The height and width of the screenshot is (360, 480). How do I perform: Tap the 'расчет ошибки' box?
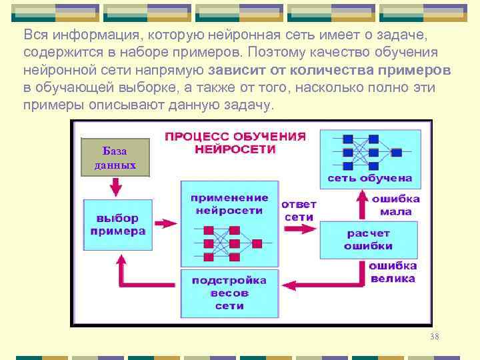pos(368,240)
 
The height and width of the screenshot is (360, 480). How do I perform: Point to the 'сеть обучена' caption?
pos(369,178)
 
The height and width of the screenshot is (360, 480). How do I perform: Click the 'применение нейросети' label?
pos(229,204)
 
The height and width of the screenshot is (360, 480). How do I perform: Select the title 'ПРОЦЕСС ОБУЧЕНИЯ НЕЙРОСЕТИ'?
pos(235,143)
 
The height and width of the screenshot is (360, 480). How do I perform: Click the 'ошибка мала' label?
pos(395,205)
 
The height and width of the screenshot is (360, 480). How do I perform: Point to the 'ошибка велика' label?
pos(393,272)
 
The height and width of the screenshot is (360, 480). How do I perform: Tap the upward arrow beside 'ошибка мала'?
pos(362,204)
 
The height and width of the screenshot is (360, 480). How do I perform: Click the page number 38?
pos(434,337)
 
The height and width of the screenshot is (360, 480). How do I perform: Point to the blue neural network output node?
pos(397,153)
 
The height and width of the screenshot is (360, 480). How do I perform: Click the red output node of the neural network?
pos(257,243)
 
